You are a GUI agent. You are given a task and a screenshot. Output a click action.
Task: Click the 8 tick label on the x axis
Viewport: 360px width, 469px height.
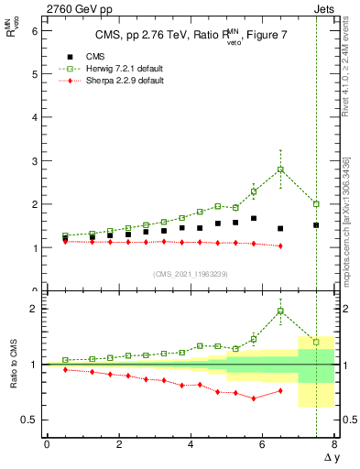[x=334, y=444]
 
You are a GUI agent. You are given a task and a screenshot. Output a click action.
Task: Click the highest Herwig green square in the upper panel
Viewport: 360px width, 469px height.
[x=280, y=169]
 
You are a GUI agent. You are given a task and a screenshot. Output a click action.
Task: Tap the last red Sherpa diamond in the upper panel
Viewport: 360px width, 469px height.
[x=280, y=245]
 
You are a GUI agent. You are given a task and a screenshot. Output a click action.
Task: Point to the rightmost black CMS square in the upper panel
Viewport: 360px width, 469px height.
[x=316, y=225]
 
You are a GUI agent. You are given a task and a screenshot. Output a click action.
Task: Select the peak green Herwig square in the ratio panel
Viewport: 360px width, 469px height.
[x=280, y=311]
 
